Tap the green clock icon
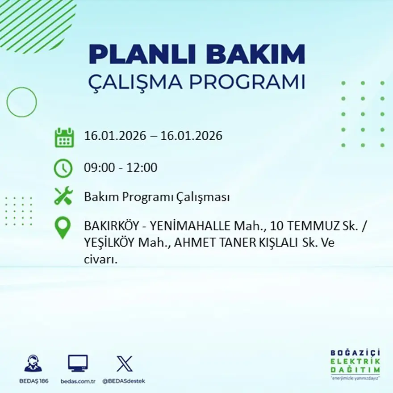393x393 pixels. pyautogui.click(x=63, y=168)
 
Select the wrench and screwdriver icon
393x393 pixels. pyautogui.click(x=63, y=196)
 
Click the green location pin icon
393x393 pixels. pyautogui.click(x=63, y=227)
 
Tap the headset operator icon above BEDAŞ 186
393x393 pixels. pyautogui.click(x=33, y=364)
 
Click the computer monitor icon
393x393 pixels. pyautogui.click(x=78, y=364)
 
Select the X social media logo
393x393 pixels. pyautogui.click(x=124, y=364)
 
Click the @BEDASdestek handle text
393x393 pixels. pyautogui.click(x=124, y=381)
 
